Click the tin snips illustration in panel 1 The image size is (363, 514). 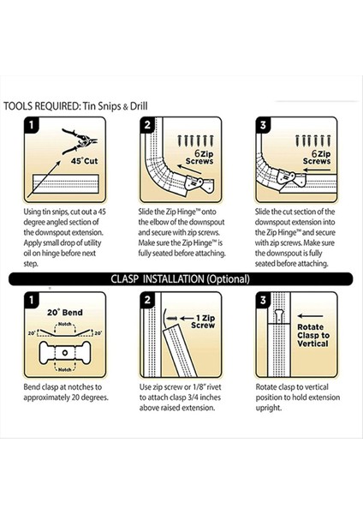pyautogui.click(x=80, y=141)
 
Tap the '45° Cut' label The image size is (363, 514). pyautogui.click(x=85, y=161)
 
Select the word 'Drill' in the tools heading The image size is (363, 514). pyautogui.click(x=139, y=106)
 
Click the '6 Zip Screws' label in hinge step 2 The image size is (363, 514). pyautogui.click(x=199, y=157)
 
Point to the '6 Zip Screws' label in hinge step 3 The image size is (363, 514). pyautogui.click(x=317, y=157)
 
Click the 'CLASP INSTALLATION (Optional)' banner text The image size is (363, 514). pyautogui.click(x=180, y=279)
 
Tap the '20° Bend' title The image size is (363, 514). pyautogui.click(x=65, y=313)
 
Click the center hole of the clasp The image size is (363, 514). pyautogui.click(x=64, y=353)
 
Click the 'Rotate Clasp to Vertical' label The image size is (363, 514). pyautogui.click(x=312, y=335)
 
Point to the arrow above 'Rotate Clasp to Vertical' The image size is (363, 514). pyautogui.click(x=310, y=316)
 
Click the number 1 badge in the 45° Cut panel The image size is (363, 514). pyautogui.click(x=32, y=125)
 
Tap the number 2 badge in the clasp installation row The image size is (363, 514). pyautogui.click(x=147, y=300)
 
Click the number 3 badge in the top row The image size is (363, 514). pyautogui.click(x=263, y=125)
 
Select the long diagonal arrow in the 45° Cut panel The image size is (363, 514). pyautogui.click(x=44, y=179)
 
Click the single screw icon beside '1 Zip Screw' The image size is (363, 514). pyautogui.click(x=172, y=319)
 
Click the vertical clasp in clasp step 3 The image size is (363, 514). pyautogui.click(x=279, y=316)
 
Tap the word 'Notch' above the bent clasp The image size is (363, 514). pyautogui.click(x=64, y=324)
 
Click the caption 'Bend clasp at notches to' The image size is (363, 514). pyautogui.click(x=62, y=387)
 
